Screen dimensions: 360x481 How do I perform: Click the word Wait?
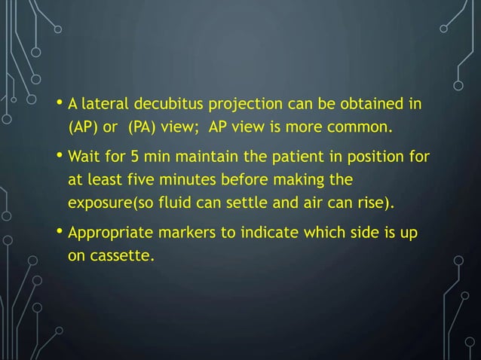click(84, 158)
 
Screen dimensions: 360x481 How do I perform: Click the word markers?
click(182, 235)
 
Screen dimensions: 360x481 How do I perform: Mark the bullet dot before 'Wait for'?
click(60, 157)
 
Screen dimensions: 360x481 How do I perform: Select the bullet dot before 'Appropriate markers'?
click(60, 235)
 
